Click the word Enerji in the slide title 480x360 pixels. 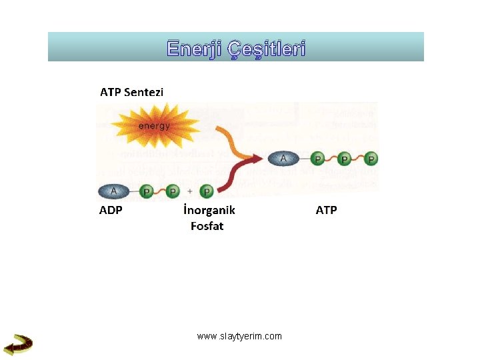click(x=195, y=49)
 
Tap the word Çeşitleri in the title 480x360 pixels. click(x=267, y=49)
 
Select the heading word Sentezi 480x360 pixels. click(x=143, y=92)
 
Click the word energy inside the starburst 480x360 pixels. click(x=154, y=125)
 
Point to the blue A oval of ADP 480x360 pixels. click(x=114, y=191)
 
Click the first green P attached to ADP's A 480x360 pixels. click(x=147, y=192)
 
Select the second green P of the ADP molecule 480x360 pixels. click(x=173, y=192)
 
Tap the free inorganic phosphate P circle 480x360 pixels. click(x=207, y=192)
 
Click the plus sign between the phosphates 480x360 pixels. click(x=190, y=192)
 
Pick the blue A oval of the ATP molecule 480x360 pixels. click(x=284, y=158)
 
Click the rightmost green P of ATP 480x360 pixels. click(x=371, y=159)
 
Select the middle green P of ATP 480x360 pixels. click(x=345, y=159)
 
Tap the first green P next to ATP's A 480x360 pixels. click(x=318, y=159)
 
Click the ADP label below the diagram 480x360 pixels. click(x=111, y=210)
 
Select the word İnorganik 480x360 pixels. click(x=209, y=210)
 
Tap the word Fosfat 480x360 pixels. click(x=207, y=226)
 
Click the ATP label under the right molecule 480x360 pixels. click(x=326, y=210)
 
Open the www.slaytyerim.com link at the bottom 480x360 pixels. click(x=239, y=336)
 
